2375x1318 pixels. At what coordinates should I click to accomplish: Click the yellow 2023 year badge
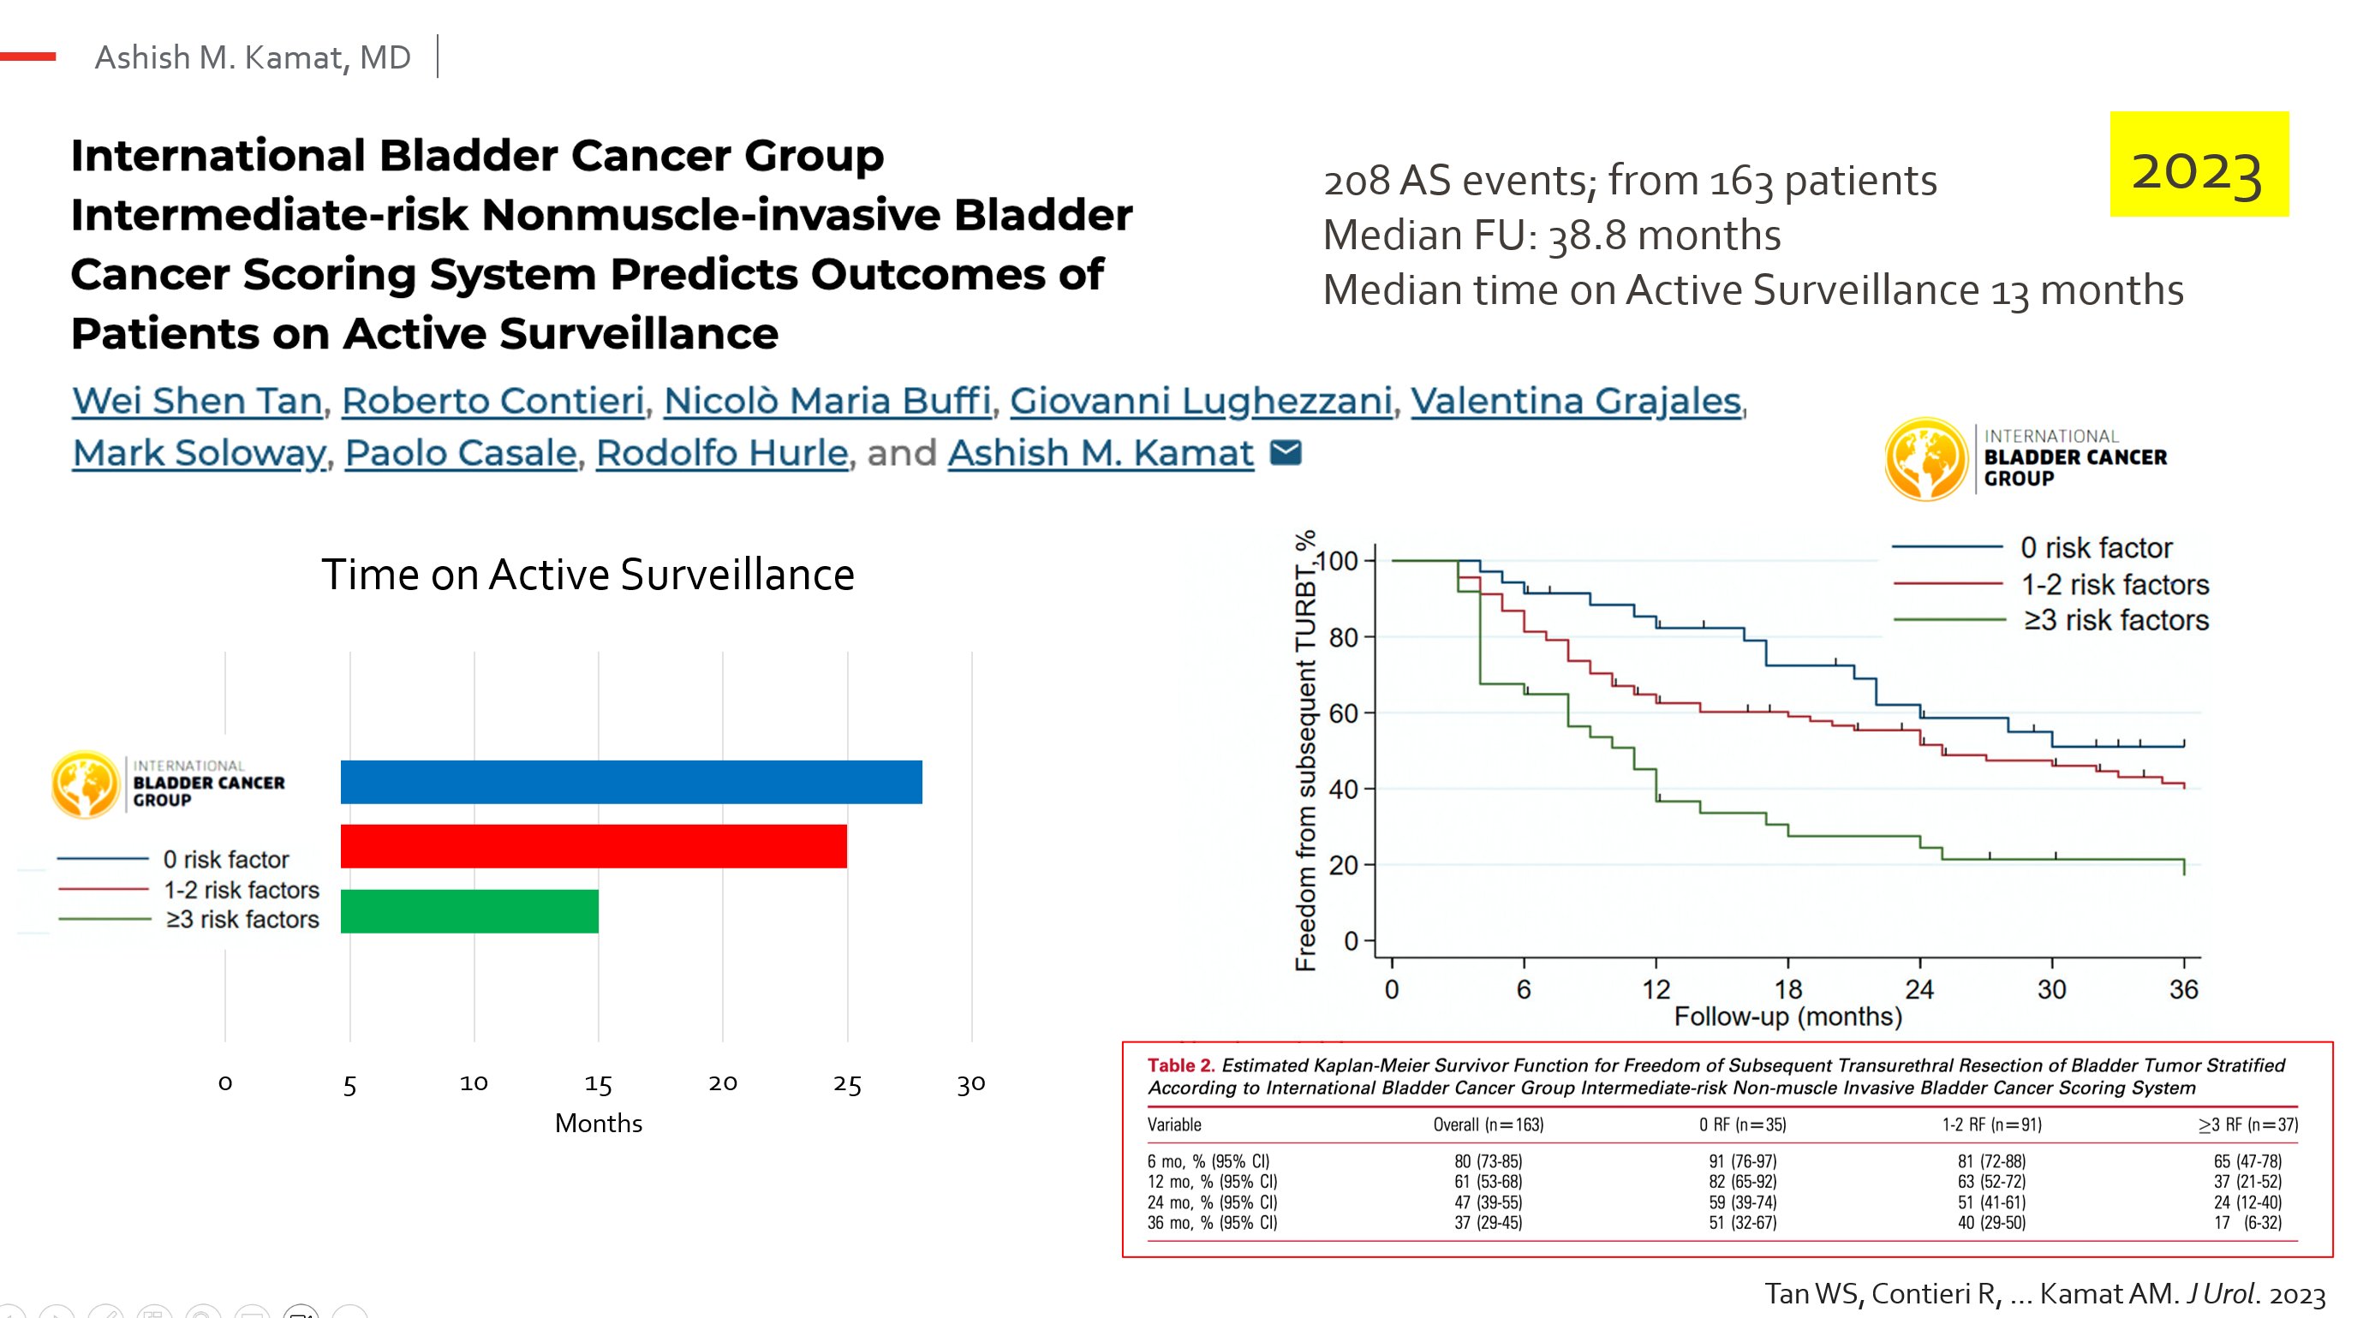[x=2198, y=164]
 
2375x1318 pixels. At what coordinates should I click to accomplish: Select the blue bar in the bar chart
[x=630, y=782]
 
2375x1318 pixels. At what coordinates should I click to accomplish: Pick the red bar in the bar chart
[x=593, y=846]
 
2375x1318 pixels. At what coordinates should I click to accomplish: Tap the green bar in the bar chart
[x=469, y=910]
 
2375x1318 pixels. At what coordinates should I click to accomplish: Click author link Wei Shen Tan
[x=197, y=401]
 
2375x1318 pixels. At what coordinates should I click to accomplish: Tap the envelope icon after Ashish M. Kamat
[x=1286, y=452]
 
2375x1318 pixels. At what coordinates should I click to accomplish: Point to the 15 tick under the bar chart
[x=598, y=1084]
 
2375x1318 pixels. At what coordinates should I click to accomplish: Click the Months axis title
[x=599, y=1123]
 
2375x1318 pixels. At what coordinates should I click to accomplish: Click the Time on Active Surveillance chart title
[x=588, y=574]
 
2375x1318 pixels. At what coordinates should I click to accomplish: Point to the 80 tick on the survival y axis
[x=1343, y=637]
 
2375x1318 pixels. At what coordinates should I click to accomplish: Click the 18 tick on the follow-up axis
[x=1787, y=989]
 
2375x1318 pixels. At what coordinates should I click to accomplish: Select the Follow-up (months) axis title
[x=1787, y=1017]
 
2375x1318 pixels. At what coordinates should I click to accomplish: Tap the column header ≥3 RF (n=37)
[x=2247, y=1124]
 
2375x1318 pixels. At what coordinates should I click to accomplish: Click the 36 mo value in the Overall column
[x=1487, y=1223]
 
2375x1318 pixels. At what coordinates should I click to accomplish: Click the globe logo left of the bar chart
[x=85, y=784]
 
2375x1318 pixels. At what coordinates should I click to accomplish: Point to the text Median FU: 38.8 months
[x=1552, y=235]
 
